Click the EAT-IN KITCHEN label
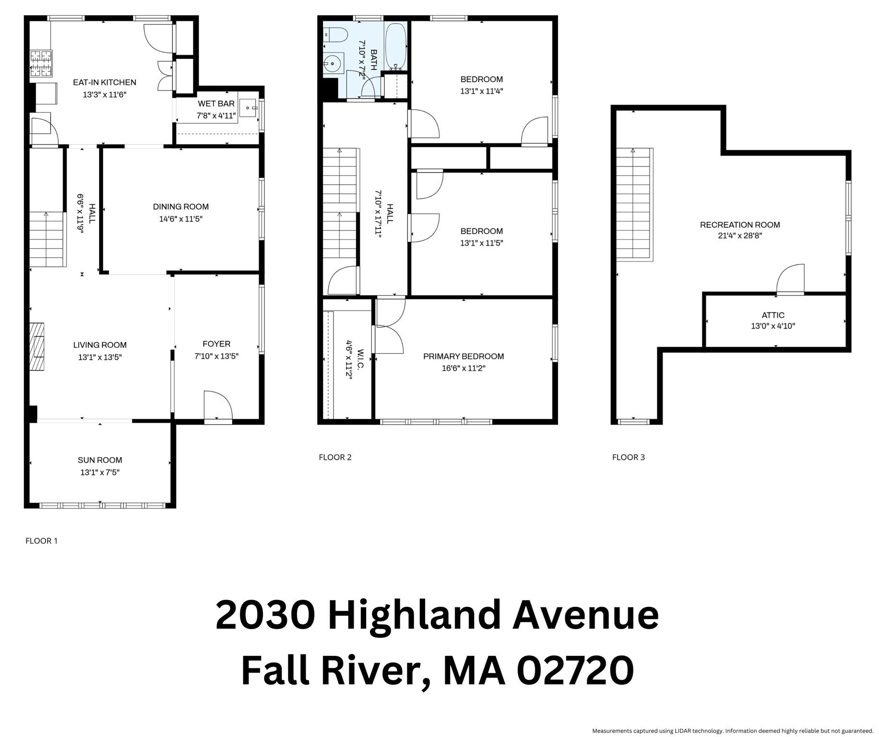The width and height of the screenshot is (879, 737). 104,83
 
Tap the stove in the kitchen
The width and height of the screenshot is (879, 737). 41,64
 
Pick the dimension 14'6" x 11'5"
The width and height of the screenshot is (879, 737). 180,219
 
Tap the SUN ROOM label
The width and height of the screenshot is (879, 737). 100,460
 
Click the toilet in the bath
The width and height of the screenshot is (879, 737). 335,35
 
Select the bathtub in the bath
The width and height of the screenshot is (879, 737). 396,46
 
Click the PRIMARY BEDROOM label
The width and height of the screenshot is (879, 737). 463,357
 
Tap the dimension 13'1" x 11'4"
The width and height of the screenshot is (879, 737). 481,91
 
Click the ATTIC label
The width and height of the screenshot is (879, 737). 772,315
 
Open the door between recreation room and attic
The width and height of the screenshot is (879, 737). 790,280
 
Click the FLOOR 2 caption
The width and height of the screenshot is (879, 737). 335,457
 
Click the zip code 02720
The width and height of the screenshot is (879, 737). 575,670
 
